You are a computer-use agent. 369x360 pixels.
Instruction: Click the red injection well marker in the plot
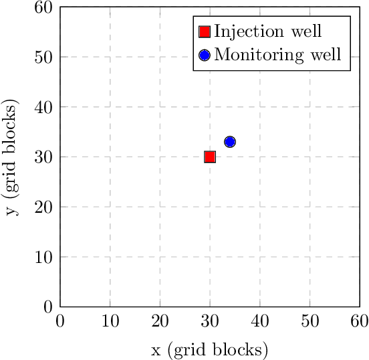210,157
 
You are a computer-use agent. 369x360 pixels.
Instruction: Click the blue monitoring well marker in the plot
230,142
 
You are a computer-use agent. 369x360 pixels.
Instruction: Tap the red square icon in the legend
205,31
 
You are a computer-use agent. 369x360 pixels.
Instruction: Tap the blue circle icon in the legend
205,55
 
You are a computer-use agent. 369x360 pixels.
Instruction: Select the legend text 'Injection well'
268,31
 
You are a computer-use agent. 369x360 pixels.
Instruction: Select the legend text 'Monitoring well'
278,55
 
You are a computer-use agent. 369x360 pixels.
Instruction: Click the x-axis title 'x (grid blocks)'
210,349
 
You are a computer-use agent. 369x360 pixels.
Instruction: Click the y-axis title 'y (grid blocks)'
11,157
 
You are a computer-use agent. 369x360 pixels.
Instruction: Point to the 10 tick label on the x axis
110,321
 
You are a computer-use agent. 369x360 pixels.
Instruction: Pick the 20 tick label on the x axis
160,321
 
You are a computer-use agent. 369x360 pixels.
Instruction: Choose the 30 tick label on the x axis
210,321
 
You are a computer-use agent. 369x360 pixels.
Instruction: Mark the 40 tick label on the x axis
259,321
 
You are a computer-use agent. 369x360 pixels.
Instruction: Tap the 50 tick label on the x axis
310,321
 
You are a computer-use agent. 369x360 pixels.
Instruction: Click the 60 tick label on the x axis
359,321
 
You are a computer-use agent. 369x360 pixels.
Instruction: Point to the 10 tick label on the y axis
43,257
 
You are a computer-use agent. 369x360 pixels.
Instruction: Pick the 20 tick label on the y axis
43,207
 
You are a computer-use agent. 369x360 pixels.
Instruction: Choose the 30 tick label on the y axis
43,157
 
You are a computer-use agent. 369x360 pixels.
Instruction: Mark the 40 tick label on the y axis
43,107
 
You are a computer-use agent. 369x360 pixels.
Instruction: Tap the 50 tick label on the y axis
43,57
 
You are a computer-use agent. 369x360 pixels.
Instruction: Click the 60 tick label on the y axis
43,7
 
